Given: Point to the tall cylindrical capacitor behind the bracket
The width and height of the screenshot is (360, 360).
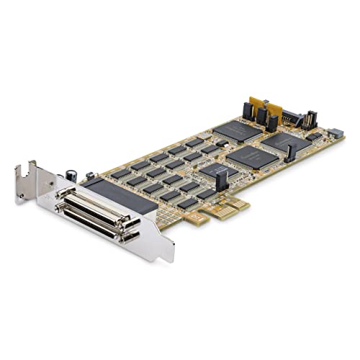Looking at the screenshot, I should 73,175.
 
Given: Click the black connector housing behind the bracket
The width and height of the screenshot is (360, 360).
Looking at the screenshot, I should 119,195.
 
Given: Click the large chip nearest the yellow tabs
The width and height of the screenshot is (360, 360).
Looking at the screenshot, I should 237,130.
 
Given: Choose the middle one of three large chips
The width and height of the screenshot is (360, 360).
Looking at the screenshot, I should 253,156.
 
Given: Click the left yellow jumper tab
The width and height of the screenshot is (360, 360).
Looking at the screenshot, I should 256,103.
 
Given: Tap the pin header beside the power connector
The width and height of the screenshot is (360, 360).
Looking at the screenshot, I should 310,120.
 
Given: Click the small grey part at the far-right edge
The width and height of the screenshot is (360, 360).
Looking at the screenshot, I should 335,133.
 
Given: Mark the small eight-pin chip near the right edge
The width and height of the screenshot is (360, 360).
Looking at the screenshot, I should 313,135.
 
